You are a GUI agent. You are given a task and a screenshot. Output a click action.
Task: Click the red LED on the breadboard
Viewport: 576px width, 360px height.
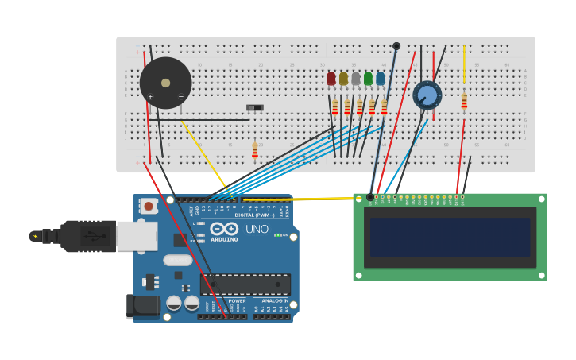click(x=331, y=78)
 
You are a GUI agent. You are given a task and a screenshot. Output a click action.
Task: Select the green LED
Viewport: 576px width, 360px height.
click(x=368, y=78)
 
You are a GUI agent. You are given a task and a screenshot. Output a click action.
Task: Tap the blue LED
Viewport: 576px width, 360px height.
click(x=381, y=78)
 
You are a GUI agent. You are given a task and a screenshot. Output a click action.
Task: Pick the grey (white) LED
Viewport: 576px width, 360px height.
click(x=356, y=78)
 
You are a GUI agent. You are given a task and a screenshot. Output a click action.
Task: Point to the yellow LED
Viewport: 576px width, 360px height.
click(x=343, y=78)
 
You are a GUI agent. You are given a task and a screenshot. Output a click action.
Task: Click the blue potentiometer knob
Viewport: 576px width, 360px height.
click(x=427, y=95)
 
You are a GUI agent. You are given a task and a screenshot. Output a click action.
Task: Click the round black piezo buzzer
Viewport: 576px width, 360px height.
click(x=165, y=83)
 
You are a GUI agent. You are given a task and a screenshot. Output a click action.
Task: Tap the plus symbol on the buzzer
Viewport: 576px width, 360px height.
click(x=149, y=97)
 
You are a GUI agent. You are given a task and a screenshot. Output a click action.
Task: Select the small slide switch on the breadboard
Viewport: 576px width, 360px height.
click(x=254, y=107)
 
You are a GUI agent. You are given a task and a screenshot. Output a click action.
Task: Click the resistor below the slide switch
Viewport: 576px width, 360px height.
click(x=255, y=150)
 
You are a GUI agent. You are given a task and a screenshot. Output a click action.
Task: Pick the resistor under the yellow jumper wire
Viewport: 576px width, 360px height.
click(x=464, y=101)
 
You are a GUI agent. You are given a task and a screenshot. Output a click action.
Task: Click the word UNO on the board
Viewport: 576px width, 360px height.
click(x=257, y=229)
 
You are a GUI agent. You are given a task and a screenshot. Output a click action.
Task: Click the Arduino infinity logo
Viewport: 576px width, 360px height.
click(x=224, y=229)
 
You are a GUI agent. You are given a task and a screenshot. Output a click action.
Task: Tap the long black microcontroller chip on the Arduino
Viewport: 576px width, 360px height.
click(x=245, y=284)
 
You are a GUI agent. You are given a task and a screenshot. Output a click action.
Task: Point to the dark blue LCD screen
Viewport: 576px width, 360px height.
click(x=449, y=237)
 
